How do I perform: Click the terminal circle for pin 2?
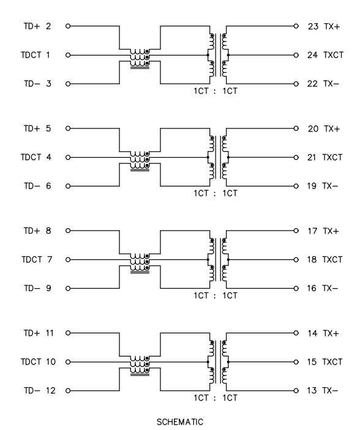68,26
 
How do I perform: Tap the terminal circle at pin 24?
296,55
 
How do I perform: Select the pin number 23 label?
313,26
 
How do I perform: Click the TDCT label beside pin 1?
31,55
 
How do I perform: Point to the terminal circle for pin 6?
68,186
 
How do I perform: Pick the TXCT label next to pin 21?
332,157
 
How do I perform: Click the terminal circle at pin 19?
296,186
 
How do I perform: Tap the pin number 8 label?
48,231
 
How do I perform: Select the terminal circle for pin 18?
296,260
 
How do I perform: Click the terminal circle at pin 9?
68,289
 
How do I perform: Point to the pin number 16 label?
312,288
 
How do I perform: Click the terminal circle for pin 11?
68,333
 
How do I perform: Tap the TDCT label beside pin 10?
31,361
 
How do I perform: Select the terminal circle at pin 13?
296,391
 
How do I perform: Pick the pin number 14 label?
312,333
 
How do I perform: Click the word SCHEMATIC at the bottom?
180,422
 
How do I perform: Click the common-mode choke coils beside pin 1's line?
140,58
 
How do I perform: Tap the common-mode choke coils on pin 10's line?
140,365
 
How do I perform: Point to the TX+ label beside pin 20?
331,128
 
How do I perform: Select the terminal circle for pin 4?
68,157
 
